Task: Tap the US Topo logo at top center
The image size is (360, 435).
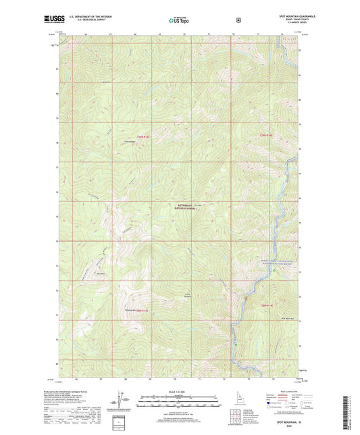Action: click(178, 20)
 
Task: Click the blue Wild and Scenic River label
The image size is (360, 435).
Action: click(276, 261)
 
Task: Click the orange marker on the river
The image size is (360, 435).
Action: click(247, 298)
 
